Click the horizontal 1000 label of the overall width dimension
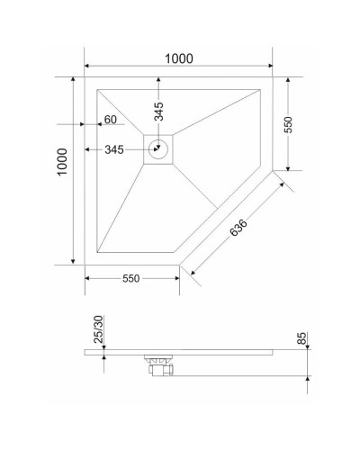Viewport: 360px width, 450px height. (x=179, y=58)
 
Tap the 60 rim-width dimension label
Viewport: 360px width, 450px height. (x=111, y=120)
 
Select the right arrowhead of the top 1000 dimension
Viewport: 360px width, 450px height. (x=270, y=67)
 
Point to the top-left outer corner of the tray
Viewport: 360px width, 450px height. (x=85, y=77)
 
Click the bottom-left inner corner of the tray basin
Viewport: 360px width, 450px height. (x=97, y=253)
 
